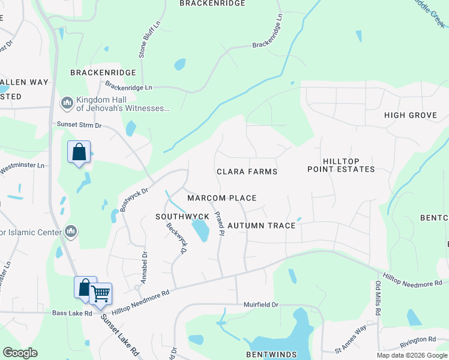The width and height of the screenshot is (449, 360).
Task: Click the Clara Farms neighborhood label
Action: click(x=247, y=172)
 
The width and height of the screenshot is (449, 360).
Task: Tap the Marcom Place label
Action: click(x=221, y=198)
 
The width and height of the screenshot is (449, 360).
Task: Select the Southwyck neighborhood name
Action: click(x=182, y=216)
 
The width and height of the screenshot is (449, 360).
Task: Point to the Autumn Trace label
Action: click(x=261, y=226)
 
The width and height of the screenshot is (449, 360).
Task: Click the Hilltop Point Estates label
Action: click(x=341, y=166)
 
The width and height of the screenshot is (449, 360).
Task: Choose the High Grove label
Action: click(x=410, y=115)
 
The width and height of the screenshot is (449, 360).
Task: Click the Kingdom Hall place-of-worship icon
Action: click(x=67, y=103)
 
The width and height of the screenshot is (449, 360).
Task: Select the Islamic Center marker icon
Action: click(x=71, y=232)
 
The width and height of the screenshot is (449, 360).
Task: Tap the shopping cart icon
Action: click(x=101, y=293)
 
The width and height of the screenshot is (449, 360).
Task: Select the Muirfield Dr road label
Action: click(x=261, y=305)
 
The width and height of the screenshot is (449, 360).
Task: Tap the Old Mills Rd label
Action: click(x=378, y=296)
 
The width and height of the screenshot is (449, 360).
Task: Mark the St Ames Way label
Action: click(x=351, y=339)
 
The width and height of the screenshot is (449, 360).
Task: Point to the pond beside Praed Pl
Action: click(x=200, y=230)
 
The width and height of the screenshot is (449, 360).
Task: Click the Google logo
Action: click(x=20, y=353)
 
